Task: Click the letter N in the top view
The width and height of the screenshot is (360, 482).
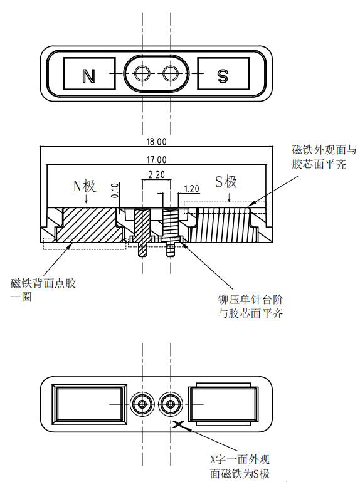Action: pos(88,76)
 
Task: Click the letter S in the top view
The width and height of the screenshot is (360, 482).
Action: pos(223,76)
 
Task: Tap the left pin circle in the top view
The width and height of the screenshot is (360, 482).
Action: pos(142,73)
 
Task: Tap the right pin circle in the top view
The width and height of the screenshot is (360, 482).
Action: pos(171,73)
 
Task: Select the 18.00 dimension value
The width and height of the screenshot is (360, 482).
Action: pos(156,142)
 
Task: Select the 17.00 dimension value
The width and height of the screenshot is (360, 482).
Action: pos(156,160)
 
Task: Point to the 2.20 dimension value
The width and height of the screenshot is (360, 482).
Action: pos(156,175)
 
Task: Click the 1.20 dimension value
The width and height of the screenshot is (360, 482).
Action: pos(191,189)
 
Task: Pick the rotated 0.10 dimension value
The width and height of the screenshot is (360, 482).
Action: pos(115,191)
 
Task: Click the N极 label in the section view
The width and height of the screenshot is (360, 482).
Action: pos(84,186)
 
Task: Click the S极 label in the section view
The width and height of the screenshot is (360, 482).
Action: pos(226,182)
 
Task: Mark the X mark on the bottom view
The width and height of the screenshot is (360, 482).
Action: pos(179,424)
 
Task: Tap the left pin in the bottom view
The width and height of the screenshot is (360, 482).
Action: pos(142,404)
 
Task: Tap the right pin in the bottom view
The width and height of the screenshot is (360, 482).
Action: pos(171,404)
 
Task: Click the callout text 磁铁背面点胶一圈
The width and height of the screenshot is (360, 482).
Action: pos(43,290)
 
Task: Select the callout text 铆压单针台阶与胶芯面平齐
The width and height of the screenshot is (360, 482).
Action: pos(250,306)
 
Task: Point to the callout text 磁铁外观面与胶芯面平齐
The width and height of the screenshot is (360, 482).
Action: pos(324,157)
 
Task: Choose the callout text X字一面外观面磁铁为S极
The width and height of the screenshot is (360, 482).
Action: pos(240,466)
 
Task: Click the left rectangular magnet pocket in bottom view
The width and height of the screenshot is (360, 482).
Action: pos(90,404)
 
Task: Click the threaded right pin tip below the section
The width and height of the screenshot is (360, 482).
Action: pos(171,249)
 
